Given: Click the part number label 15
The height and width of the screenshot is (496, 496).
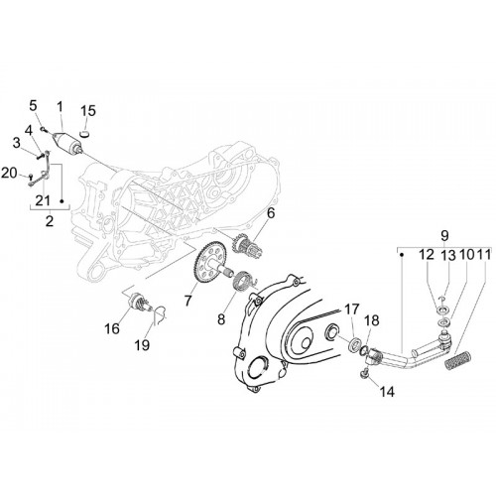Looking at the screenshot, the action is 88,111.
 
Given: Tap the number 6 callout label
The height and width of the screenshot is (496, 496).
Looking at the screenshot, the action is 271,213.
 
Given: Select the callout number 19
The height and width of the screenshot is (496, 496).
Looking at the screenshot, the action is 142,345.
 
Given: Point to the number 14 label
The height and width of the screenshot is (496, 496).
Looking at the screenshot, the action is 387,392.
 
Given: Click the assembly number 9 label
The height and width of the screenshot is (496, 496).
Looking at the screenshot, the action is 444,236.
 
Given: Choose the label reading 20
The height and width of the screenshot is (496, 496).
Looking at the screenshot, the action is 9,173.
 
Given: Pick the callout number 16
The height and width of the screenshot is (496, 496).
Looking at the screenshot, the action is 112,328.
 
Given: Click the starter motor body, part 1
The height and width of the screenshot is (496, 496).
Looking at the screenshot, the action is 67,141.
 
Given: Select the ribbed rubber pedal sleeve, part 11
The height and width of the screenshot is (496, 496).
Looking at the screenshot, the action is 457,361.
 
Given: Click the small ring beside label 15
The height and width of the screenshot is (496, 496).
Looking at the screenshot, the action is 85,133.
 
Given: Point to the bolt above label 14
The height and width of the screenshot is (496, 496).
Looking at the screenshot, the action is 364,373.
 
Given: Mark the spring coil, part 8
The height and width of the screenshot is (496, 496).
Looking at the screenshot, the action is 244,280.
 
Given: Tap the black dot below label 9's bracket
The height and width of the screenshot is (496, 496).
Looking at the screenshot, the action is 402,255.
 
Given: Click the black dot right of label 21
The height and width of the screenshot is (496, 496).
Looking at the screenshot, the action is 62,200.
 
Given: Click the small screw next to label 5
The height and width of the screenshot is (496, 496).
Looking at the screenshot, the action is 43,129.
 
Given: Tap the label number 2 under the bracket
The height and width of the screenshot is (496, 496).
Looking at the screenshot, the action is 50,220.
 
